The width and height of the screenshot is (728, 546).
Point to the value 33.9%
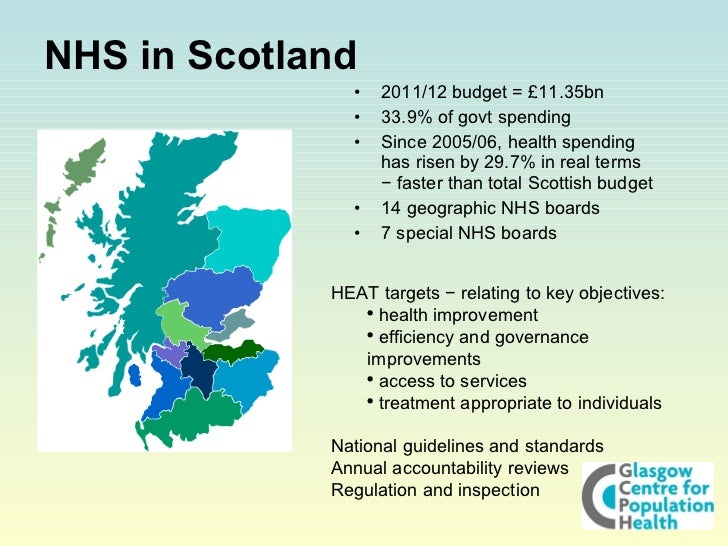405,118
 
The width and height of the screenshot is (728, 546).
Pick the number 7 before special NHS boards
386,233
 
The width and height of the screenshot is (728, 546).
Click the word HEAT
354,293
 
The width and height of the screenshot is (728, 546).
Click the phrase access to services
453,381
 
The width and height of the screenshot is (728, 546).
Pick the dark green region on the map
233,352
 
